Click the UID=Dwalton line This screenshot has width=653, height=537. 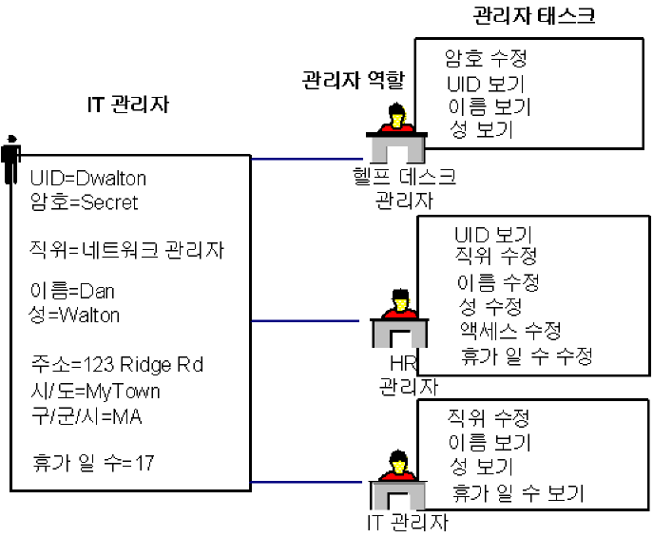88,178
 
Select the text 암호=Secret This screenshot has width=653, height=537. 84,201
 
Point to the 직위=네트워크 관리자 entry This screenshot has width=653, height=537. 126,250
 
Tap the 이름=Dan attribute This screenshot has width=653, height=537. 71,291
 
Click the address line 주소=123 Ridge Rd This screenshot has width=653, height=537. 116,365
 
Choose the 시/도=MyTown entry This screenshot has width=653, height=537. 95,391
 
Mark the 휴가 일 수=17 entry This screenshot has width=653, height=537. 92,463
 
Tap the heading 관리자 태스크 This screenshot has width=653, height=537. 534,16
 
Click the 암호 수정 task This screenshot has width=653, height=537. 486,59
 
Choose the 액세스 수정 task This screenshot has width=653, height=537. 509,331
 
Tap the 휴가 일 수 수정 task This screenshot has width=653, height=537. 527,356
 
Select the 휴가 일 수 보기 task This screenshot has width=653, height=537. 518,493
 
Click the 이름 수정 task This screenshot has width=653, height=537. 498,282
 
